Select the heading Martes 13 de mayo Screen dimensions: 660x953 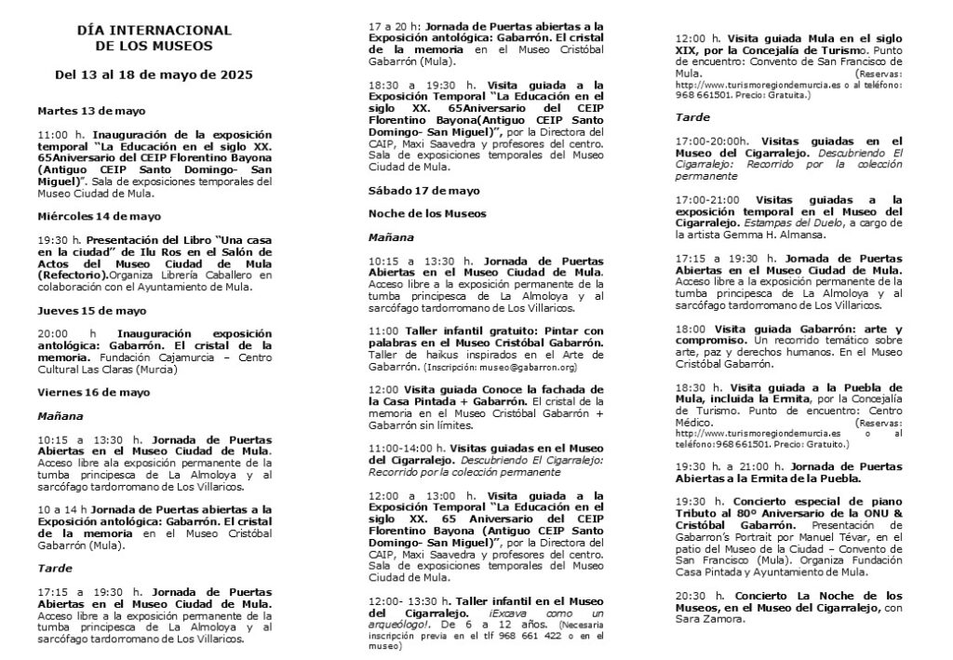91,110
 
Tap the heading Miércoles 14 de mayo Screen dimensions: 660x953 99,216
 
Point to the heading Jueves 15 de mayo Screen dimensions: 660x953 91,310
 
